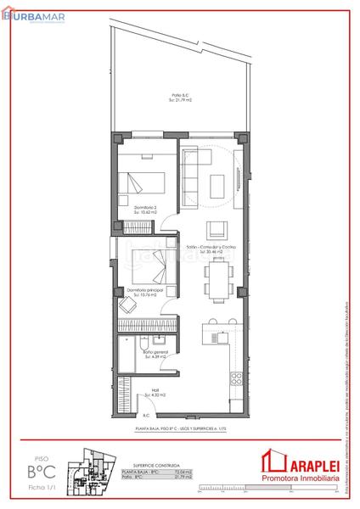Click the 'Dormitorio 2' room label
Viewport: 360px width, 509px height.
[x=146, y=209]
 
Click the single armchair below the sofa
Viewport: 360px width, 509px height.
[x=217, y=227]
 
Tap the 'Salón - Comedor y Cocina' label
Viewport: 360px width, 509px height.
[x=209, y=249]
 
